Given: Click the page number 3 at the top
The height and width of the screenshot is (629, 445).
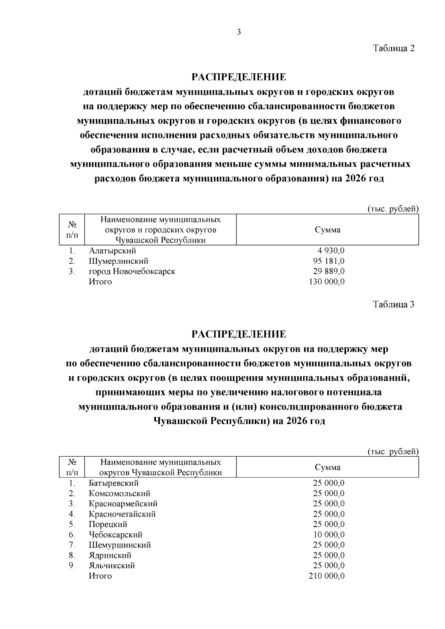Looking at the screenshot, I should (x=239, y=32).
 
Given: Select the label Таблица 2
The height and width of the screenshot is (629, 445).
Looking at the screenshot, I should (x=393, y=48).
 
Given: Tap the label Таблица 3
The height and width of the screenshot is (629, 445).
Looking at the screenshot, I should (x=393, y=305).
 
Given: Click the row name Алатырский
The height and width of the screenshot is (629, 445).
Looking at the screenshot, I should (x=112, y=251).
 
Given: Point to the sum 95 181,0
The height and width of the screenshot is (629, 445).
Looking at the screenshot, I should (x=329, y=261).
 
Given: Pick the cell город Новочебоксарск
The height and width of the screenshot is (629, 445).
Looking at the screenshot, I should (x=132, y=272).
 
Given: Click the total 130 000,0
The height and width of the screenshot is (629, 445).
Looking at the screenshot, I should (x=327, y=282).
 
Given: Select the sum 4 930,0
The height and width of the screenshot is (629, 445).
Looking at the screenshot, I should (x=331, y=251).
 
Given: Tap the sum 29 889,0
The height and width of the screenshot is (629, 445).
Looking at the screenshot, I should (x=329, y=272).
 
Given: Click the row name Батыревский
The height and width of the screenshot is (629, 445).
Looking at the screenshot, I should (x=113, y=483).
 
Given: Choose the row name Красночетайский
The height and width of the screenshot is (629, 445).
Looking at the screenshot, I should (x=122, y=514).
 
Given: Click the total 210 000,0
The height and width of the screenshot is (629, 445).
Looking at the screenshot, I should (x=327, y=576).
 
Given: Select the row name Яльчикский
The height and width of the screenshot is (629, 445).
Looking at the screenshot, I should (x=112, y=566).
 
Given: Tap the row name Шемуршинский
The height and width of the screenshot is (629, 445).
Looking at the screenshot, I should (x=119, y=545).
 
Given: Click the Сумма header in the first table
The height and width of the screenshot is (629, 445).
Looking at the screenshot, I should (x=327, y=230).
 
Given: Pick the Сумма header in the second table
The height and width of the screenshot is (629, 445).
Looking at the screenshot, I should (x=327, y=468).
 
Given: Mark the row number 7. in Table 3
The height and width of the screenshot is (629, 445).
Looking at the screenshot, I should (x=72, y=545).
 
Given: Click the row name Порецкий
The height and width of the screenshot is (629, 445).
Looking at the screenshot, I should (x=108, y=524).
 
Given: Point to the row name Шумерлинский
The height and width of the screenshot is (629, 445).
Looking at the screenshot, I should (x=119, y=261).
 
